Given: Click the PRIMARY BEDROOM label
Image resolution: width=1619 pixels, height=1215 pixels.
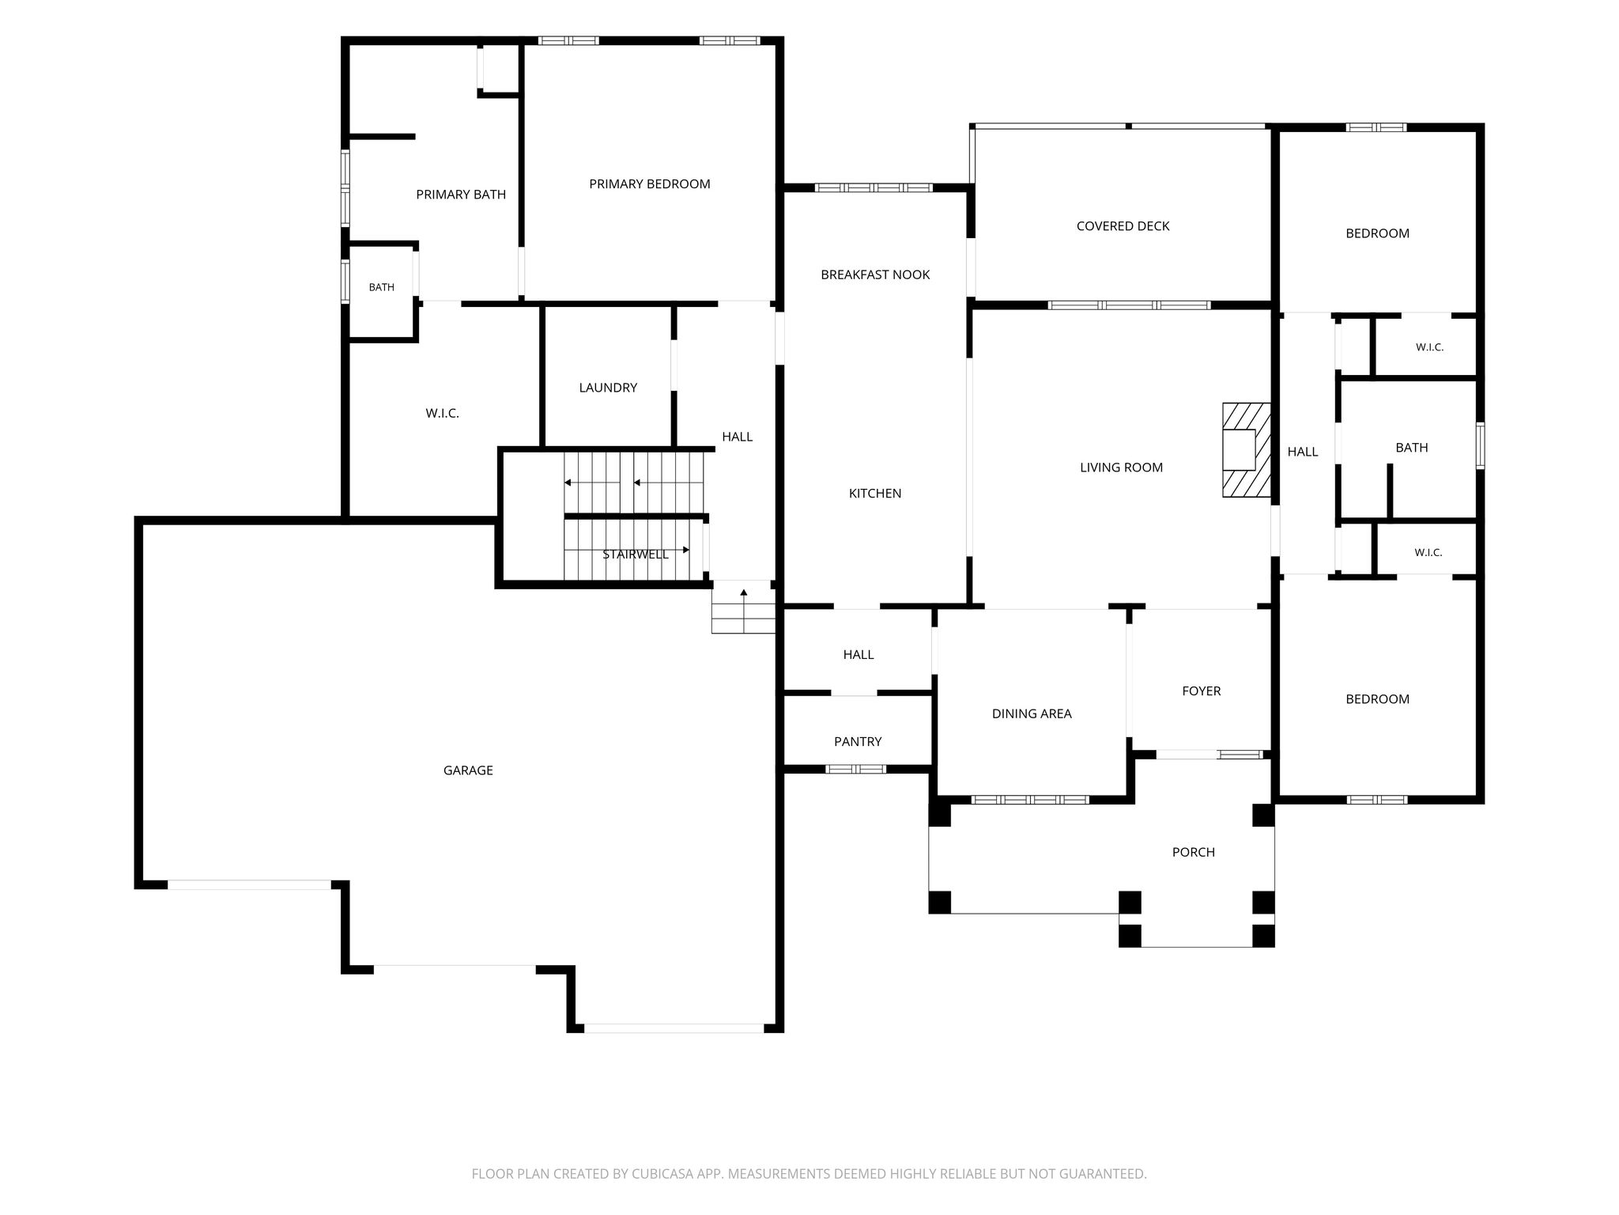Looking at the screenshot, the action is [650, 184].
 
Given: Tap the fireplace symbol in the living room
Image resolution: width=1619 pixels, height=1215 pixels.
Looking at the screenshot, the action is [1247, 450].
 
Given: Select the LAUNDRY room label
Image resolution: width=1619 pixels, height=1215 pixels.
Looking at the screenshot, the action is [608, 388].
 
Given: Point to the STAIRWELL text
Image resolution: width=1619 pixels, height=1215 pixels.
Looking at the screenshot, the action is [636, 555].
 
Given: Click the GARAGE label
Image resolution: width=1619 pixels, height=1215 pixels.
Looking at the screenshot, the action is [468, 770].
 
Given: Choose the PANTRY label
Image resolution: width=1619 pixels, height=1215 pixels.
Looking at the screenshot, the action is [858, 742].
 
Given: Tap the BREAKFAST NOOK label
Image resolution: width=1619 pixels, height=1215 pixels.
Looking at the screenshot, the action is [875, 274].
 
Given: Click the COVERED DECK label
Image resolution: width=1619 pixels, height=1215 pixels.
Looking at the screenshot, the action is [1123, 226].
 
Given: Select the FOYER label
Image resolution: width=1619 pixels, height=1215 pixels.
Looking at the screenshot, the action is [1202, 691].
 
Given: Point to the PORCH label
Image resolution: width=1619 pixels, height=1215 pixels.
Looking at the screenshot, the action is [1194, 852].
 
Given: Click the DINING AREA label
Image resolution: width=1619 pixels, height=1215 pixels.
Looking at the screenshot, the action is [1032, 713].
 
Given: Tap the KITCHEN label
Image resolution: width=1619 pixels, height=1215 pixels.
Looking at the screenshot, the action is [875, 494].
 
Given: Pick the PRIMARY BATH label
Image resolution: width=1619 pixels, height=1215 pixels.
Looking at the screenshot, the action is [461, 195].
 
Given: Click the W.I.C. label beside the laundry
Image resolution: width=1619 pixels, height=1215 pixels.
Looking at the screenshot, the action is [442, 414].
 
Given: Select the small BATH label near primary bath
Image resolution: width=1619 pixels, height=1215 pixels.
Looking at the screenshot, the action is [382, 287].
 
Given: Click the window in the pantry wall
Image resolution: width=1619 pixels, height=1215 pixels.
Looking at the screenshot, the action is [856, 769].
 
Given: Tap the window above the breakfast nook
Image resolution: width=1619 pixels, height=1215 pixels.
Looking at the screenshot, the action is [874, 188].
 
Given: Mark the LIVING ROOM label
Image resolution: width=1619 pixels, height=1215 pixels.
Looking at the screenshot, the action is [1121, 467].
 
